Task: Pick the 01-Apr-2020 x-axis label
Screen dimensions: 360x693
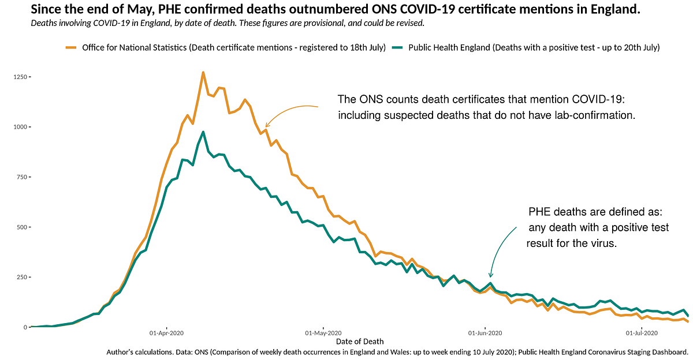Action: (x=166, y=333)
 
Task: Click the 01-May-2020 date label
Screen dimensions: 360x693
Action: (x=324, y=333)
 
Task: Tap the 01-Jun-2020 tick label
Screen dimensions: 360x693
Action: (x=485, y=333)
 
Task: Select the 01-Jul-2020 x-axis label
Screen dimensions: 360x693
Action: (x=642, y=333)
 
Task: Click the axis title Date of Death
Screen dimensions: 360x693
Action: (x=359, y=342)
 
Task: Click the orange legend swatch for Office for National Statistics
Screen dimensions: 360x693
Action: (x=72, y=48)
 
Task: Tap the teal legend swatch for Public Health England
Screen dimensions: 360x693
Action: (x=398, y=48)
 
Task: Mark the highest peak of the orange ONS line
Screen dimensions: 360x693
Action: (x=203, y=73)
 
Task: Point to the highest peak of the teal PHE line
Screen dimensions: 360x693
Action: (x=203, y=132)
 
